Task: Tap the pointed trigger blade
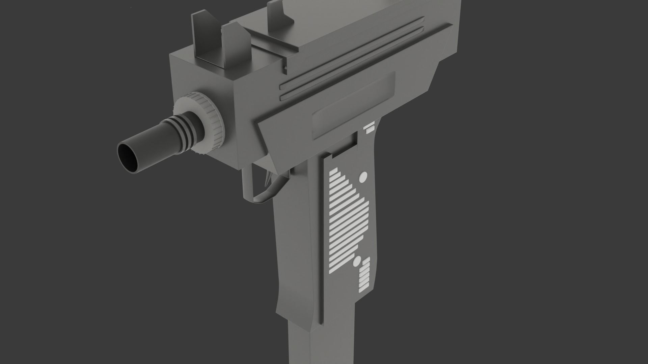point(269,179)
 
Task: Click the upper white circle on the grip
point(363,177)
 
